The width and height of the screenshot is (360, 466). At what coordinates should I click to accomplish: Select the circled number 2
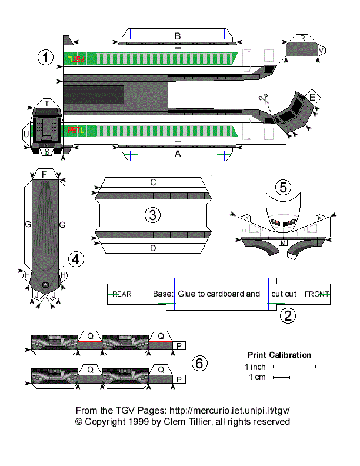tap(287, 315)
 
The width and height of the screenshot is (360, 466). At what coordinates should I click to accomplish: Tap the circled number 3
tap(153, 215)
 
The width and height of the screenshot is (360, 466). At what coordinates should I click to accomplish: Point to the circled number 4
tap(76, 258)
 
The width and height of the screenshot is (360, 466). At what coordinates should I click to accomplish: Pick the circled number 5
tap(284, 187)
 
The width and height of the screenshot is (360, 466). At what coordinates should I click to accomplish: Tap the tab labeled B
tap(178, 36)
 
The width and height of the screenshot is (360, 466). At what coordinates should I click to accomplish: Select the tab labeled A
tap(178, 154)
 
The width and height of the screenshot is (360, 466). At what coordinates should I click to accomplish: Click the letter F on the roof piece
tap(44, 174)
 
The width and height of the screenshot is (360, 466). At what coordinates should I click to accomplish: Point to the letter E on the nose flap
tap(312, 97)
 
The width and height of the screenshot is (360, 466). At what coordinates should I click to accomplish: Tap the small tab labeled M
tap(283, 242)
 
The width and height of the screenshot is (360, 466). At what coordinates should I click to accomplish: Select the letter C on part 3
tap(153, 182)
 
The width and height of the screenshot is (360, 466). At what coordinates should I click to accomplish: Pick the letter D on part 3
tap(153, 248)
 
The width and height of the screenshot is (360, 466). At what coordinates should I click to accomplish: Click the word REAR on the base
tap(122, 294)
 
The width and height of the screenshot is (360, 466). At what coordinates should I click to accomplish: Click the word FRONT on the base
tap(317, 294)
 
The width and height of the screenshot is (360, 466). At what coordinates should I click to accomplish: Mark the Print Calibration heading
tap(279, 355)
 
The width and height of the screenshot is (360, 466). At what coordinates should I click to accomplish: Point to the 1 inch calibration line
tap(294, 367)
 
